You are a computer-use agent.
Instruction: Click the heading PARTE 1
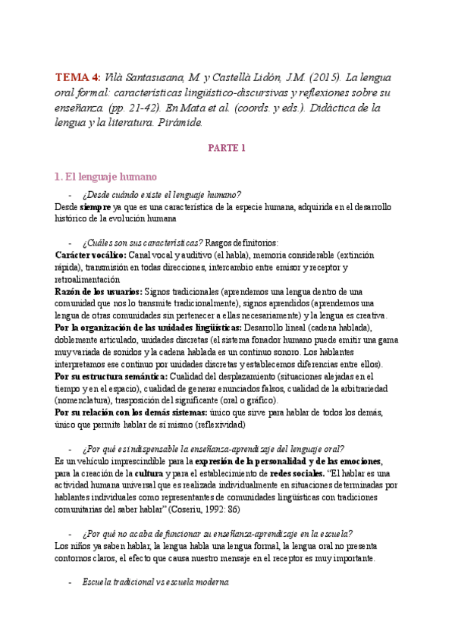pos(227,148)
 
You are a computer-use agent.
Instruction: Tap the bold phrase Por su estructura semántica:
pos(111,376)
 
